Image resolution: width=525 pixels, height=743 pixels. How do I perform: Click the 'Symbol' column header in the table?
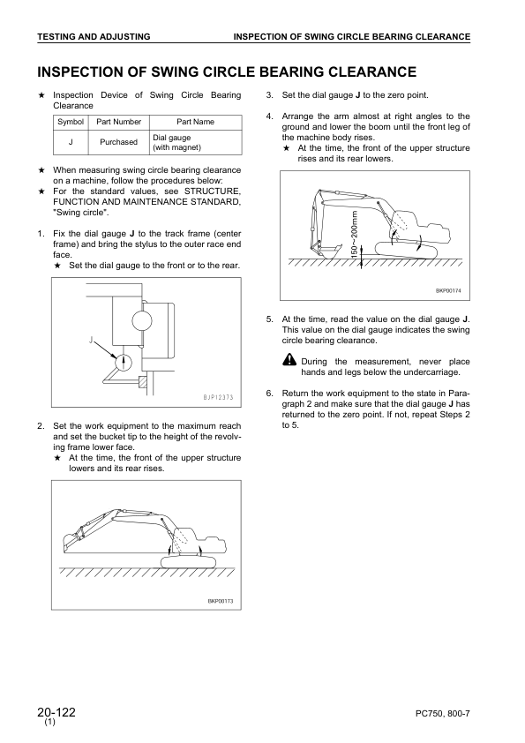(71, 122)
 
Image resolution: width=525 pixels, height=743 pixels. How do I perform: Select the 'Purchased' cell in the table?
(118, 142)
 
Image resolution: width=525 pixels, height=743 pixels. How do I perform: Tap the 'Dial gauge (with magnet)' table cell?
(176, 142)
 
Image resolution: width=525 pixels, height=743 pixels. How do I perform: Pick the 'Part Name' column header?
(195, 122)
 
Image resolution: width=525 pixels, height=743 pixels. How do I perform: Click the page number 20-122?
(56, 712)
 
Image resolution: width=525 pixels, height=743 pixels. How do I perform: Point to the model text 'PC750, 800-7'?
(443, 714)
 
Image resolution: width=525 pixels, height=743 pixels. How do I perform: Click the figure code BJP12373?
(215, 397)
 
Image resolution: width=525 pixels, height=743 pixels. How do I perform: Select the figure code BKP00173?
(221, 601)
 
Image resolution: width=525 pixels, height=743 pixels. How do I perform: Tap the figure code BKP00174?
(448, 291)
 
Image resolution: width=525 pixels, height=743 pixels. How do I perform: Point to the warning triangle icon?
(289, 361)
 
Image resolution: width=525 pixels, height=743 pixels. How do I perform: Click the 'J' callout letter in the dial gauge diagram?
(90, 339)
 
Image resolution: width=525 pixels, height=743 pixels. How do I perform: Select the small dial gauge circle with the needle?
(124, 363)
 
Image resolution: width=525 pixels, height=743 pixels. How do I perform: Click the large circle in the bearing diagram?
(142, 321)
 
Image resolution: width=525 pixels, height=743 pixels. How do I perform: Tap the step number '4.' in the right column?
(270, 116)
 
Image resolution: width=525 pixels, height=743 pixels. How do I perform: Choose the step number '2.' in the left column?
(41, 426)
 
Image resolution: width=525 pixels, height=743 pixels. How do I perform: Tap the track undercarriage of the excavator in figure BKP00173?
(189, 562)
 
